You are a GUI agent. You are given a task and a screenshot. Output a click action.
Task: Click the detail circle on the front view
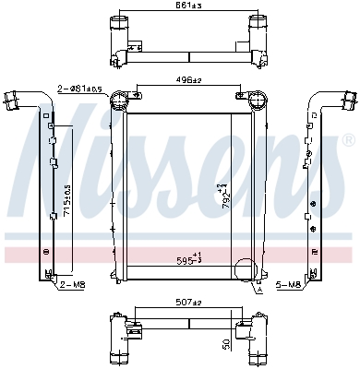click(246, 271)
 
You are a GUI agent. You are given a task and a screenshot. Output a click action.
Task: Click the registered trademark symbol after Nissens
click(347, 141)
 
